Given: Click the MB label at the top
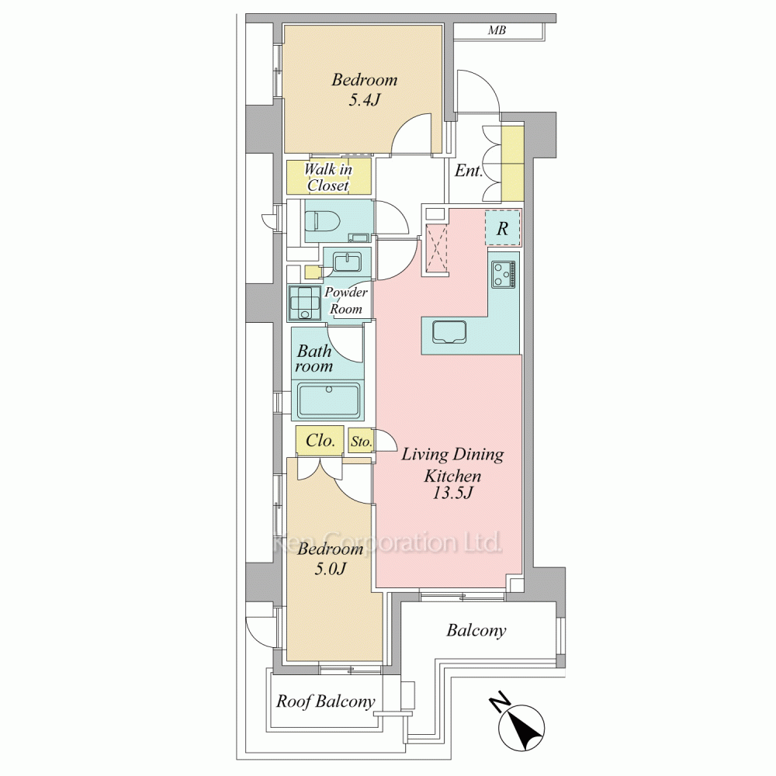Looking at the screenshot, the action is [x=497, y=30].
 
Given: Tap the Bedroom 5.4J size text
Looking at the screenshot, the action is [x=364, y=100].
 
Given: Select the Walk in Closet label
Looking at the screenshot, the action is [x=328, y=177].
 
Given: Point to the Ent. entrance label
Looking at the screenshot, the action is [x=468, y=171].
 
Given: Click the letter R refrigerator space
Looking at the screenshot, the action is [x=502, y=229].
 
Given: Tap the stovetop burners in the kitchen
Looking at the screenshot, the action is [x=504, y=275].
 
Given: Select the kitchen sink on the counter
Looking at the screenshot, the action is [x=449, y=332].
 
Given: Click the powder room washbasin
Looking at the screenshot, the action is [x=347, y=262].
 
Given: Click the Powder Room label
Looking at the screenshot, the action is [x=346, y=300].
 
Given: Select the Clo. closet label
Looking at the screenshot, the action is [x=320, y=440].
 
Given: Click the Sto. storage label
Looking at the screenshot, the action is [x=361, y=442].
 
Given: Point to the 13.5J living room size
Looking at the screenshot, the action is [x=453, y=493].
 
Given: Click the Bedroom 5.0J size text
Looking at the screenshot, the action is [x=330, y=569].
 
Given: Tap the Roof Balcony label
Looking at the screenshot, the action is [x=325, y=702].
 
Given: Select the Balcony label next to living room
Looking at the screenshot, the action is [x=476, y=630].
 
